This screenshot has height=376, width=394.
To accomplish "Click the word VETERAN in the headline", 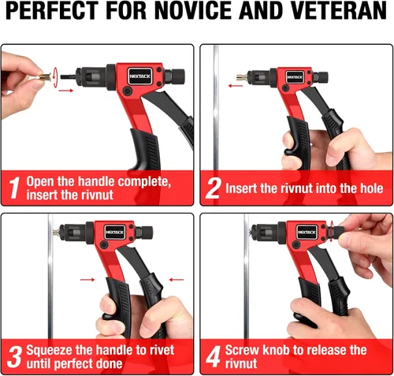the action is point(339,11).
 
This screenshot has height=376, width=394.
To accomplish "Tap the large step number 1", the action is point(14,188).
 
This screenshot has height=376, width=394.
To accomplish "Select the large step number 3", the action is point(15,356).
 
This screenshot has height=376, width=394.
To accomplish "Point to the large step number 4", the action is point(214,356).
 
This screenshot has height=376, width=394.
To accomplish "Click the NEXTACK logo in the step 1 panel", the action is point(140,76).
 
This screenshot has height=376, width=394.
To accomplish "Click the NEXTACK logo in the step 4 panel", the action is point(307,232).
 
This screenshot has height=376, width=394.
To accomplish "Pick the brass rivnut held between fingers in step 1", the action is point(45,77).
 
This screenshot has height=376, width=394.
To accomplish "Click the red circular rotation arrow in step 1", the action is point(55,77).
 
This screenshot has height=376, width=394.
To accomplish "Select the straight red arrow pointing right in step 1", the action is point(66,91).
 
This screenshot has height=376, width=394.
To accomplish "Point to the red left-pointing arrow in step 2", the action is point(236,86).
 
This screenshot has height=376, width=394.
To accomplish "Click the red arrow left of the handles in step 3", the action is point(87,279).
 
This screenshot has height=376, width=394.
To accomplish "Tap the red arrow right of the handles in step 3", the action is point(177,279).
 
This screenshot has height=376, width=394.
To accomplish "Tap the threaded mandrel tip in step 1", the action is point(69,77).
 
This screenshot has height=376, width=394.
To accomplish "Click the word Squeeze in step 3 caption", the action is point(49,350).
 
